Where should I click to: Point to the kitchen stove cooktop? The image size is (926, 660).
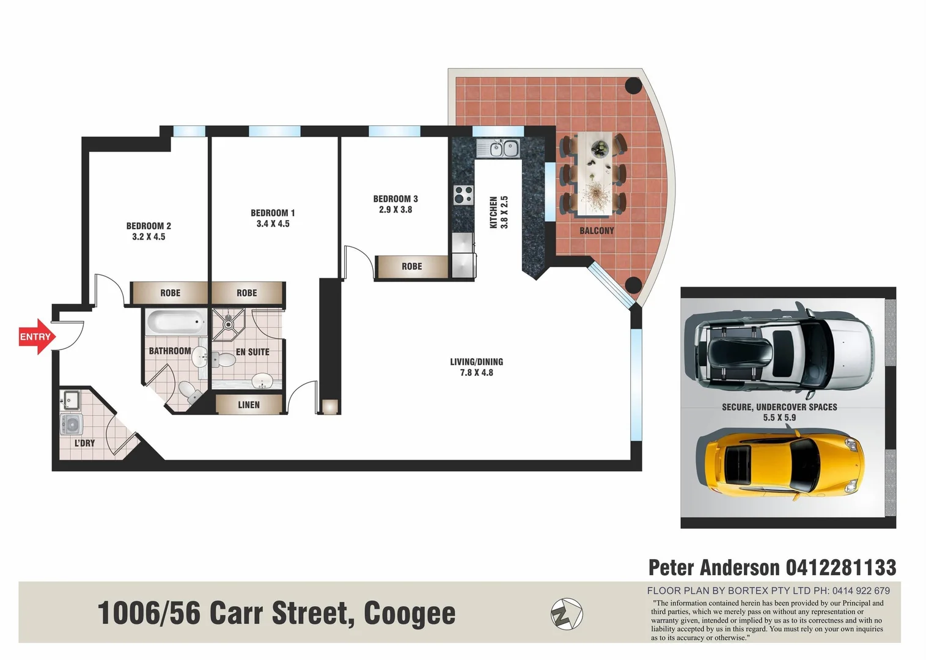tap(463, 195)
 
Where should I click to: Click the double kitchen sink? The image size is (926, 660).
tap(504, 148)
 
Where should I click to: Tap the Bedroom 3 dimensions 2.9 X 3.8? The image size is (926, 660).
tap(395, 210)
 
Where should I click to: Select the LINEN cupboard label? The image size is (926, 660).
tap(249, 405)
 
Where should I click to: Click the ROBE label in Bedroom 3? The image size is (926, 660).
tap(412, 266)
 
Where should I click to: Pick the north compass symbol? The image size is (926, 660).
tap(567, 614)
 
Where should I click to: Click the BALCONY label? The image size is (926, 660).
tap(597, 230)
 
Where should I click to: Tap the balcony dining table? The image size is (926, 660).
tap(595, 174)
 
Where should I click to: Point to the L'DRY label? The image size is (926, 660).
tap(84, 443)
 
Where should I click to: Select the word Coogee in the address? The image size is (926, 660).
tap(410, 614)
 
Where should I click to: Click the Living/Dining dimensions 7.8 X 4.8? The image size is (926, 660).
tap(476, 373)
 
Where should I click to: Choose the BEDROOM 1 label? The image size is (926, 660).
tap(273, 213)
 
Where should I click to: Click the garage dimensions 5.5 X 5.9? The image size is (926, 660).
tap(779, 418)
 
